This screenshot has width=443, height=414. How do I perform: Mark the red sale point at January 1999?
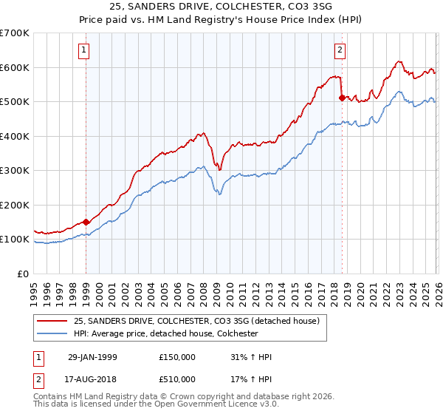pyautogui.click(x=86, y=221)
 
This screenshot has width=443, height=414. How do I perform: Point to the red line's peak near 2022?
pyautogui.click(x=399, y=62)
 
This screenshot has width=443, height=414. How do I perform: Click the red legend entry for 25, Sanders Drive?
pyautogui.click(x=196, y=321)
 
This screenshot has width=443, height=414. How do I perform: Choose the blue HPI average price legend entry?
pyautogui.click(x=165, y=333)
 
